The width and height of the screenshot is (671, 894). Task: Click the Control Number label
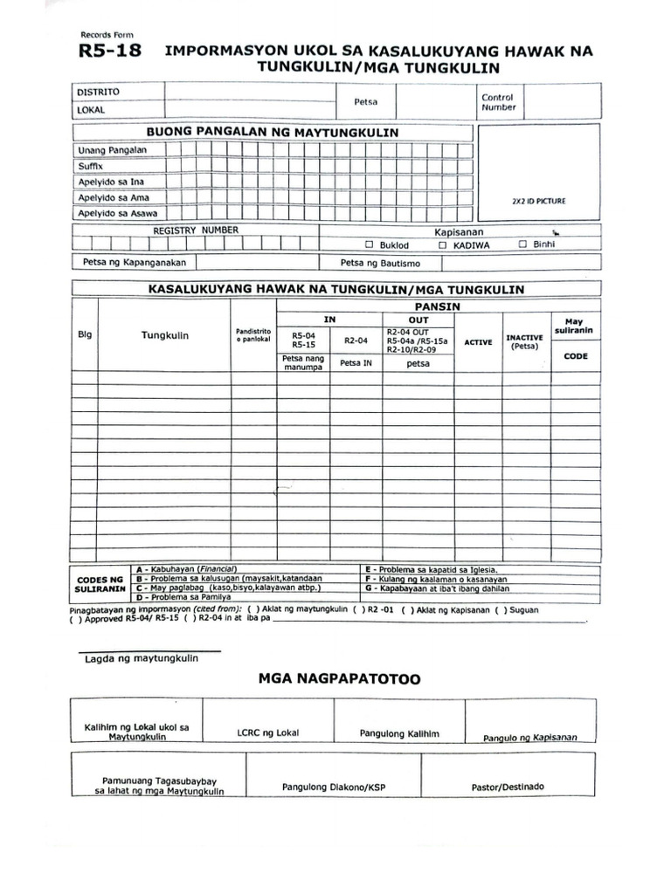[498, 102]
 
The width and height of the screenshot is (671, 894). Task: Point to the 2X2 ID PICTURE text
[538, 201]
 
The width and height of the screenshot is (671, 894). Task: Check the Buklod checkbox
[369, 245]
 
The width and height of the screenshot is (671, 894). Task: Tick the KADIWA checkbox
[443, 245]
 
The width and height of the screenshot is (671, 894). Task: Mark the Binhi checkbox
[522, 244]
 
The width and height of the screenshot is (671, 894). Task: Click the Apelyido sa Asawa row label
[110, 213]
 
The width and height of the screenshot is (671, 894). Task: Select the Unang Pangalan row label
[113, 149]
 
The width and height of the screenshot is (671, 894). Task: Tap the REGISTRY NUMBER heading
[196, 230]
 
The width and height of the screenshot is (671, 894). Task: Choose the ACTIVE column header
[478, 342]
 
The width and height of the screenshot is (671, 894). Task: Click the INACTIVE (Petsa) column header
[525, 341]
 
